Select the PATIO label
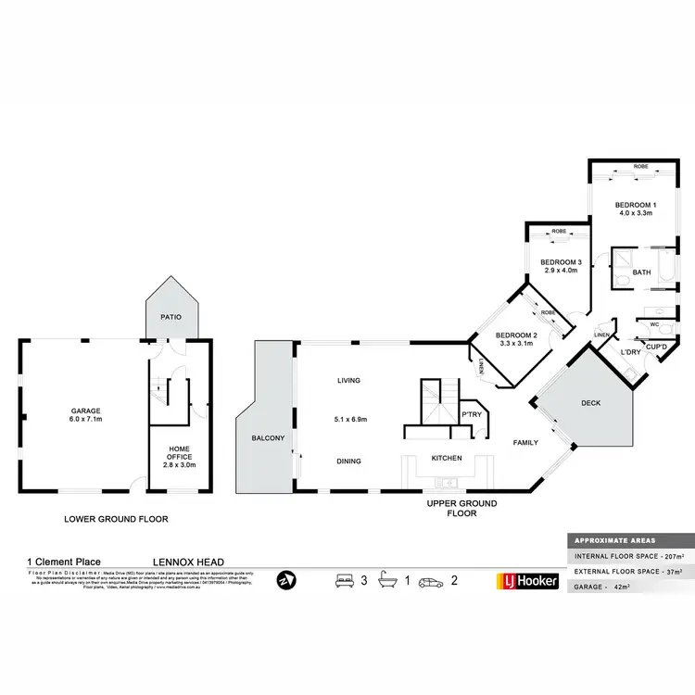coord(170,317)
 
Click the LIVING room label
coord(348,380)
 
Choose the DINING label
coord(348,461)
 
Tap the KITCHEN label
coord(448,458)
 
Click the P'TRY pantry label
coord(472,414)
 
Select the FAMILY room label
coord(526,443)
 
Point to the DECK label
coord(591,404)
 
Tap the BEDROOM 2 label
coord(516,335)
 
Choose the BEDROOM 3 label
coord(561,262)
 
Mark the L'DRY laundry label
coord(630,352)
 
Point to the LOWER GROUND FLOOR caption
coord(116,519)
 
